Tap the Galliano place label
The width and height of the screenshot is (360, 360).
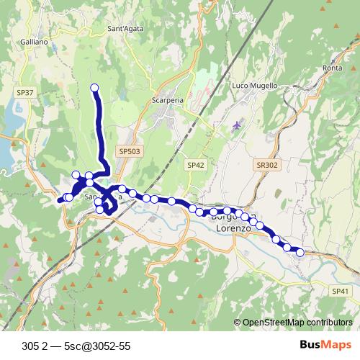[35, 42]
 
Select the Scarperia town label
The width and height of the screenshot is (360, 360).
[169, 101]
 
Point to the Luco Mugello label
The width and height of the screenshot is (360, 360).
[254, 86]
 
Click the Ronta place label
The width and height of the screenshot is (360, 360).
[333, 68]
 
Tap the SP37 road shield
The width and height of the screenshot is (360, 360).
[25, 93]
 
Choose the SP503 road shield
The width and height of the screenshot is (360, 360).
[130, 151]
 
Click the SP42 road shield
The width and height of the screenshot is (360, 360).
[196, 165]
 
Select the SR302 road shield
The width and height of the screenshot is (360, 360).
[266, 165]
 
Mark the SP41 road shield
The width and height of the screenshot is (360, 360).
[341, 291]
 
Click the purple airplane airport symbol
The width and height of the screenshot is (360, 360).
[238, 127]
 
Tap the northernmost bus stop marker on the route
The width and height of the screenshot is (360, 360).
[94, 88]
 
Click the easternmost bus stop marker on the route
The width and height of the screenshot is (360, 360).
[300, 252]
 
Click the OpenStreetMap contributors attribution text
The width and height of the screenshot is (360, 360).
[297, 323]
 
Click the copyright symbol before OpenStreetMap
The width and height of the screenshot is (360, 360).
[237, 323]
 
